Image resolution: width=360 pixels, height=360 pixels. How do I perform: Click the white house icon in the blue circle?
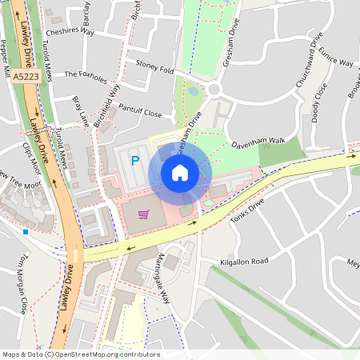pyautogui.click(x=180, y=172)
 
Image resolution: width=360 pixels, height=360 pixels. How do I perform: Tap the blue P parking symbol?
pyautogui.click(x=135, y=161)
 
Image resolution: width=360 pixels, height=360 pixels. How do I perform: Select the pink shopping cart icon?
pyautogui.click(x=143, y=214)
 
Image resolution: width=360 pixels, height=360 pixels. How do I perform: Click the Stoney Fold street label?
pyautogui.click(x=154, y=70)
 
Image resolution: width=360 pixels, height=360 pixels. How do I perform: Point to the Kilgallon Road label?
pyautogui.click(x=245, y=262)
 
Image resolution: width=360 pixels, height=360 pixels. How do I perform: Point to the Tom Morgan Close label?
pyautogui.click(x=25, y=284)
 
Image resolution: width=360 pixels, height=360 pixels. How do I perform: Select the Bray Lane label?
pyautogui.click(x=80, y=113)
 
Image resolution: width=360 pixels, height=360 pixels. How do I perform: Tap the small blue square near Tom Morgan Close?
pyautogui.click(x=26, y=232)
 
